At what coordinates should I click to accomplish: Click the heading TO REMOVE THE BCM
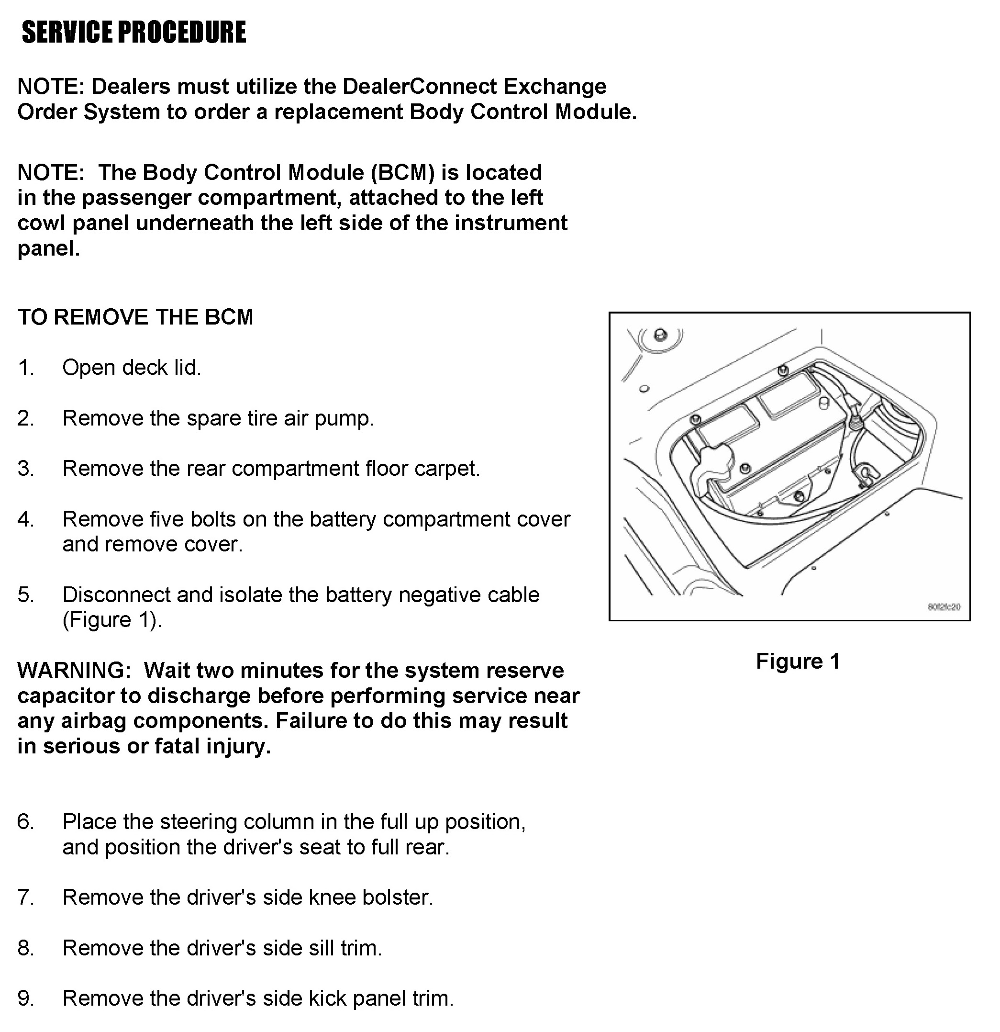click(135, 317)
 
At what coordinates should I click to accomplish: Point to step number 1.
click(25, 368)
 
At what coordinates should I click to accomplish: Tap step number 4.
click(25, 519)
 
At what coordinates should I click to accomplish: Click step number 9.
click(25, 999)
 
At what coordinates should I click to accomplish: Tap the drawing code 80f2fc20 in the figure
click(944, 607)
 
